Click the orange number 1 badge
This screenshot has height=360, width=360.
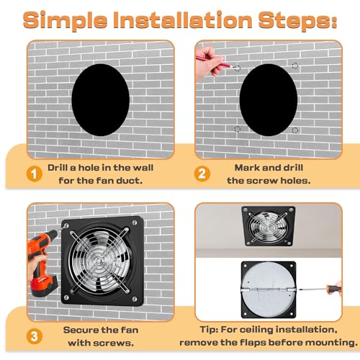pos(32,173)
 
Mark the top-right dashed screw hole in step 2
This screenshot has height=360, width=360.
pos(294,66)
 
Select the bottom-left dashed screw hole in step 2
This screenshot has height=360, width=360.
pos(237,130)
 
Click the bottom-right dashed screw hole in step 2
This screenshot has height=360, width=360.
pos(294,130)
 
